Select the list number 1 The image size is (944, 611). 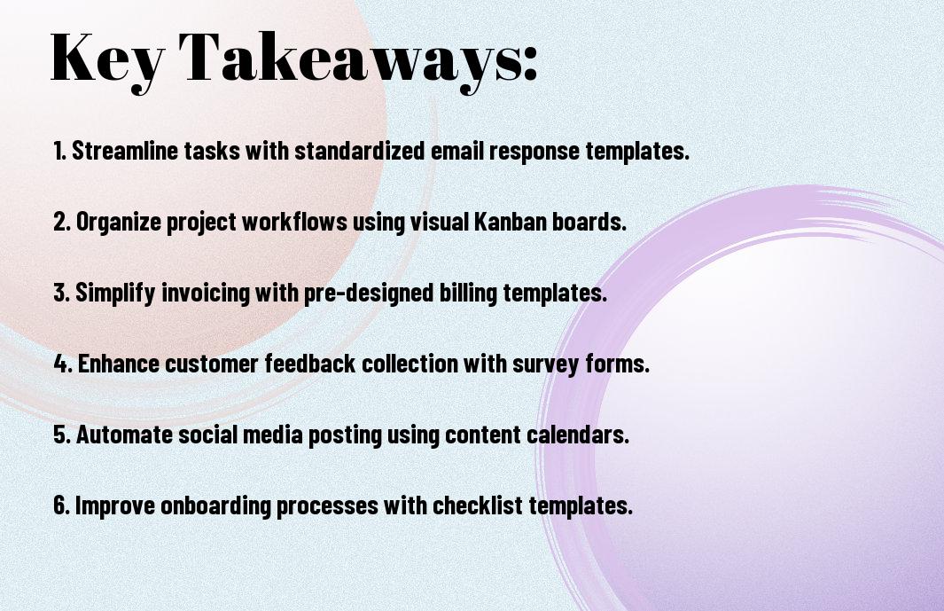click(59, 151)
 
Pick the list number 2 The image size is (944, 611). click(61, 222)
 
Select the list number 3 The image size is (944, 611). click(61, 293)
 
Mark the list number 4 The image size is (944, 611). click(63, 364)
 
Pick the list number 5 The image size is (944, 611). click(61, 435)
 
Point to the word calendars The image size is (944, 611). click(578, 435)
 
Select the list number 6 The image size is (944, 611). click(61, 505)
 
